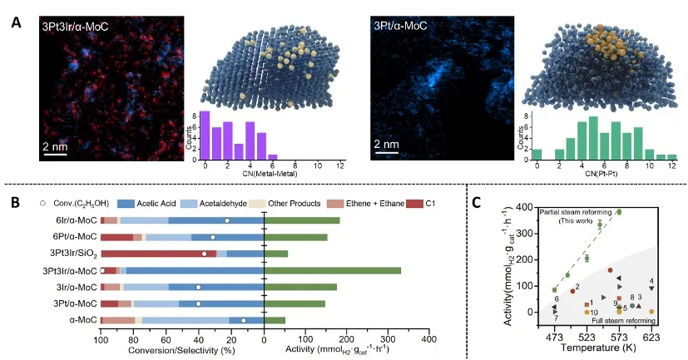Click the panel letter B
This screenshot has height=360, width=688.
pyautogui.click(x=15, y=202)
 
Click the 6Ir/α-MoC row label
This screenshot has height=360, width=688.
pyautogui.click(x=73, y=220)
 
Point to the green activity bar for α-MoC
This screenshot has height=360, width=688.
pyautogui.click(x=275, y=320)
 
